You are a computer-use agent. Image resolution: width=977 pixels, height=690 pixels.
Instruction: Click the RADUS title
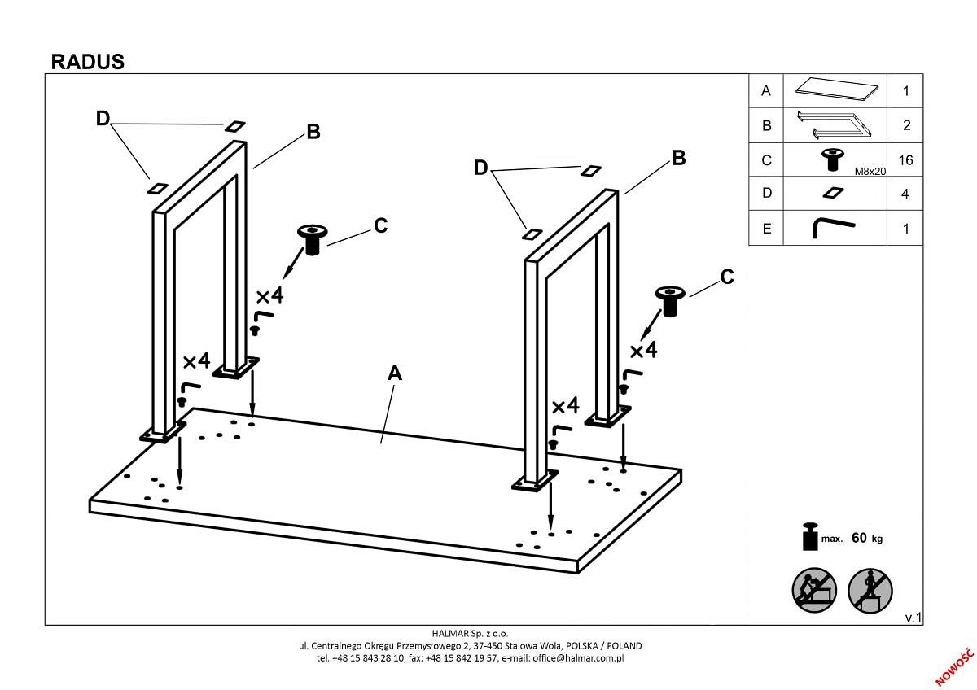87,62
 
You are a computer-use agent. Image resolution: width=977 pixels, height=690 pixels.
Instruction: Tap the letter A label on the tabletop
395,373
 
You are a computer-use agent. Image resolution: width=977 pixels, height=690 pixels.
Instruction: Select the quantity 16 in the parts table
905,160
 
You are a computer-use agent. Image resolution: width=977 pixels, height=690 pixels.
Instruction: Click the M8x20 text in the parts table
870,172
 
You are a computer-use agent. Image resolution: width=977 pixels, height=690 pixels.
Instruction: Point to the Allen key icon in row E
832,227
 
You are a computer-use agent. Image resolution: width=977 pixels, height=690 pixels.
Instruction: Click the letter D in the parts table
765,194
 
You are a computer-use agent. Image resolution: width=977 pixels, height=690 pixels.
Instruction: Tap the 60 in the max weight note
859,538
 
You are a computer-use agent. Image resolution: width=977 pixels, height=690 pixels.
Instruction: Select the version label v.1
913,618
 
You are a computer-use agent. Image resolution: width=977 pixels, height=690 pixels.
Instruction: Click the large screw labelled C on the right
669,301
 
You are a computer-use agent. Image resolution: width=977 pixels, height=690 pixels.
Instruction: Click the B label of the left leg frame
313,132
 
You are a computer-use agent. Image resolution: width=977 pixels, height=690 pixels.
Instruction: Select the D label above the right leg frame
480,168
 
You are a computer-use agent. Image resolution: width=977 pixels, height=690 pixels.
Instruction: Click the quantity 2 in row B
905,125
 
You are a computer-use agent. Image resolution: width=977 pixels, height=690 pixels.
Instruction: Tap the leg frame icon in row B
835,124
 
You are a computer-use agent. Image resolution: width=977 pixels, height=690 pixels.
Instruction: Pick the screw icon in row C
832,159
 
